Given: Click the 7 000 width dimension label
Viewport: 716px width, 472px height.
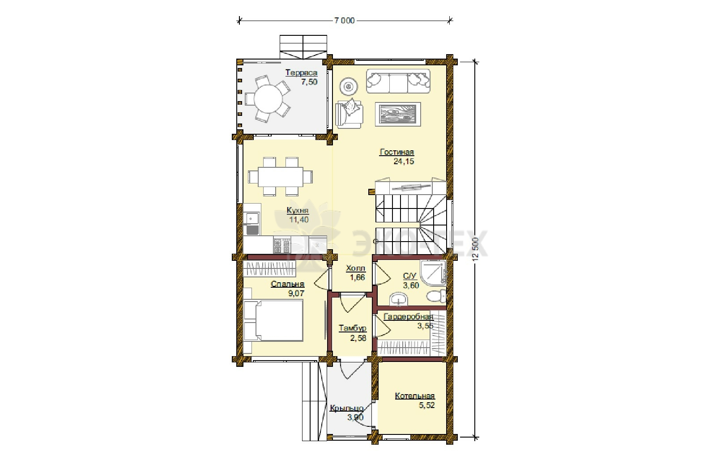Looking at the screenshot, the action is coord(344,21).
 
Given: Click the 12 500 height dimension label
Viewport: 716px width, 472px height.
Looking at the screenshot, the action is coord(476,249).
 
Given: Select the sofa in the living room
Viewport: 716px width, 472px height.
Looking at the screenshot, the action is coord(398,81).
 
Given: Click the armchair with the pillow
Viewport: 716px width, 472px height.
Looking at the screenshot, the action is coord(349,114).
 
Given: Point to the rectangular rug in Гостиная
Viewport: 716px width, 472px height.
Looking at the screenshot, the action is coord(398,114).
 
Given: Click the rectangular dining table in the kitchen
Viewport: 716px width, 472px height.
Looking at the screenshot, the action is coord(280,176).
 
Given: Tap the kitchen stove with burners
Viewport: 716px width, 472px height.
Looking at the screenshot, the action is coord(281,245).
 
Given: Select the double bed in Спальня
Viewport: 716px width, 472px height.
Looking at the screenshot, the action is coord(273,320).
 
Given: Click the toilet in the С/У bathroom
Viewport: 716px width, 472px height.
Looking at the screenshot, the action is coord(437,296).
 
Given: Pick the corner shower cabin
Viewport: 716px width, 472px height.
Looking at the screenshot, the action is coord(433,272).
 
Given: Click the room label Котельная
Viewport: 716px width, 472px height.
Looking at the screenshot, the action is coord(415,396).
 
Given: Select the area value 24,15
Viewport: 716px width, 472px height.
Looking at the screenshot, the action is coord(404,162).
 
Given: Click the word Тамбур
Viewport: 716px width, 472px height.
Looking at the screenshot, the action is coord(353,328).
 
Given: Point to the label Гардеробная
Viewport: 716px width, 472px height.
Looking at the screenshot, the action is coord(409,317).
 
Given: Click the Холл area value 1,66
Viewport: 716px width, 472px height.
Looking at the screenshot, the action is coord(358,277).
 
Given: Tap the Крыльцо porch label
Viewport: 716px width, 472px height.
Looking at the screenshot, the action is coord(347,408).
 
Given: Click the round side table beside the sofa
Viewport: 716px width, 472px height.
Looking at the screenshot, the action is coord(349,86).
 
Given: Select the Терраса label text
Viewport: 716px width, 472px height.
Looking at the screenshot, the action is coord(302,73).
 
